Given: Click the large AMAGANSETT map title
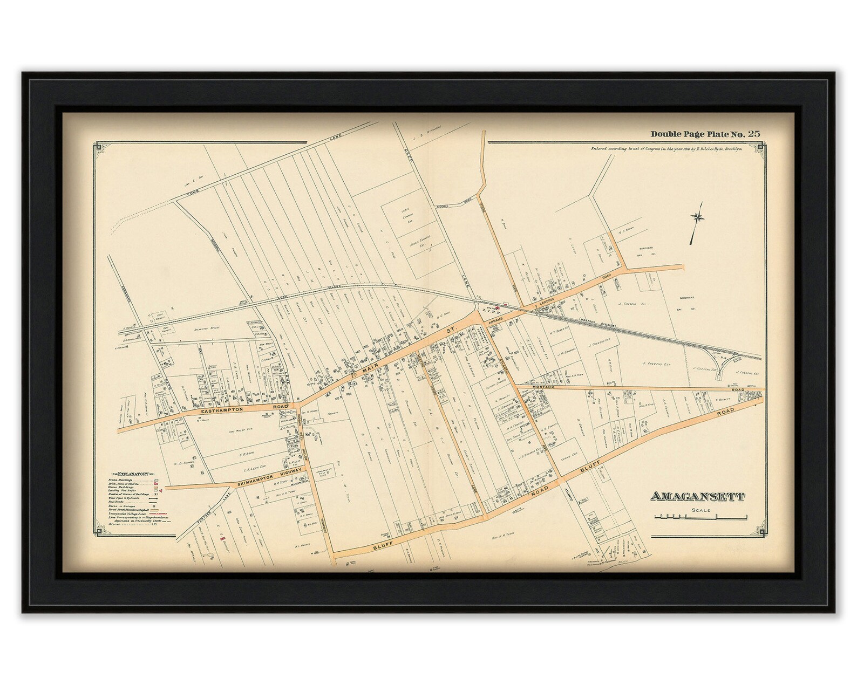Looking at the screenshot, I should pos(699,496).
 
